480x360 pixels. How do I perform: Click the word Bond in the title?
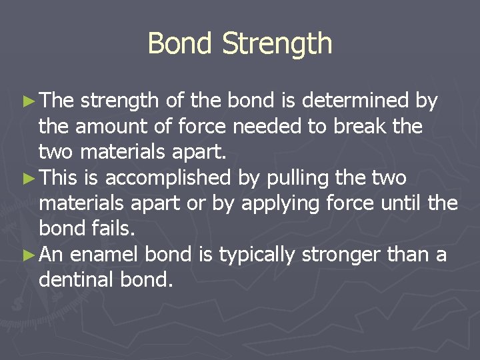181,43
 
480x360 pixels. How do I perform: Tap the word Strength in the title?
277,45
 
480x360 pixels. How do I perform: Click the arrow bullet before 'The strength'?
31,101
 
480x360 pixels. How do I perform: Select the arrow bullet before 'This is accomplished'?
31,178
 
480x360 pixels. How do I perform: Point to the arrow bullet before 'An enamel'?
31,255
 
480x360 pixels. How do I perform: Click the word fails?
109,229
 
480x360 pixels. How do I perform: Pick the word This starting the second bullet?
63,177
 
